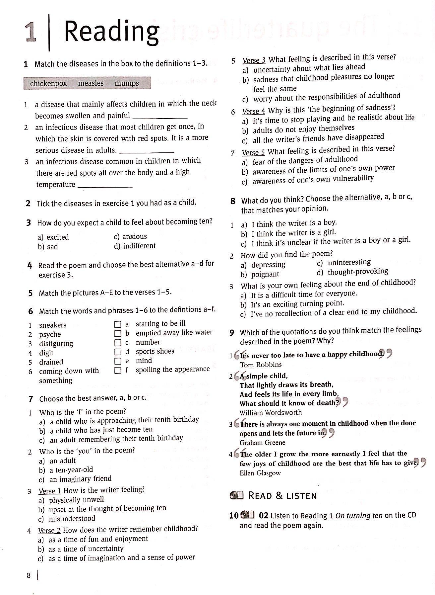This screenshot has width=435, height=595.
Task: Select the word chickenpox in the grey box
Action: click(x=48, y=83)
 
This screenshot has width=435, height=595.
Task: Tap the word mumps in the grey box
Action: click(x=127, y=83)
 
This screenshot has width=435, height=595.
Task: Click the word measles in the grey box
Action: click(x=91, y=83)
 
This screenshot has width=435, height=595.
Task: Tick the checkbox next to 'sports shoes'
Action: click(x=118, y=352)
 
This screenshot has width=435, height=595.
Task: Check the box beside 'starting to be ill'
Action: click(x=118, y=324)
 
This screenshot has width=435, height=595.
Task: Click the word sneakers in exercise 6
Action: click(x=53, y=325)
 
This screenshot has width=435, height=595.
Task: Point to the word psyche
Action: click(x=50, y=334)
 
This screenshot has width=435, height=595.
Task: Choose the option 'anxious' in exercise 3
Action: click(x=134, y=236)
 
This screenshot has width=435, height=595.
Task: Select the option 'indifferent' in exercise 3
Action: click(x=139, y=246)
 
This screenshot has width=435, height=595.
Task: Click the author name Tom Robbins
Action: click(x=261, y=365)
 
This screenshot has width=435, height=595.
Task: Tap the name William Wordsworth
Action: click(x=271, y=413)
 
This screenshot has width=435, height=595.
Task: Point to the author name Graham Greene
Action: click(x=262, y=443)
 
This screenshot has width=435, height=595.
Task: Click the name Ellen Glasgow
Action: click(x=260, y=473)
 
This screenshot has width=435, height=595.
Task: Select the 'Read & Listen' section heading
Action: click(x=282, y=496)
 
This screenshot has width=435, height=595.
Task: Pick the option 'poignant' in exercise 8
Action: click(x=265, y=274)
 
